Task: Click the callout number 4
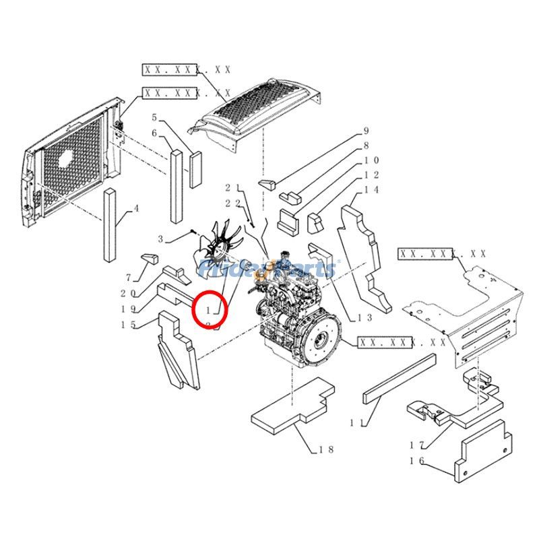137,209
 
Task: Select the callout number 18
326,449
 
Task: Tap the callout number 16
416,461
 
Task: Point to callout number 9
367,131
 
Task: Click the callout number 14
371,190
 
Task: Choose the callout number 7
128,278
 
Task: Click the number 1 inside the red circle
210,310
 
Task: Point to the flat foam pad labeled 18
293,408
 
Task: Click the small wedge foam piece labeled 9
269,184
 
